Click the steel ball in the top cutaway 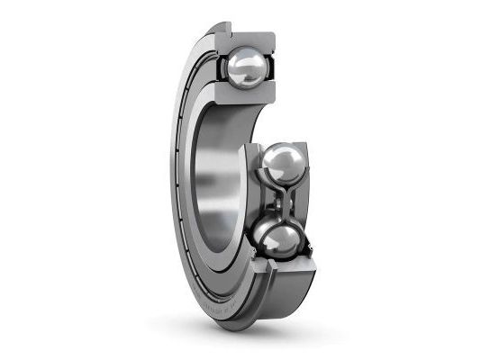tap(248, 67)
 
